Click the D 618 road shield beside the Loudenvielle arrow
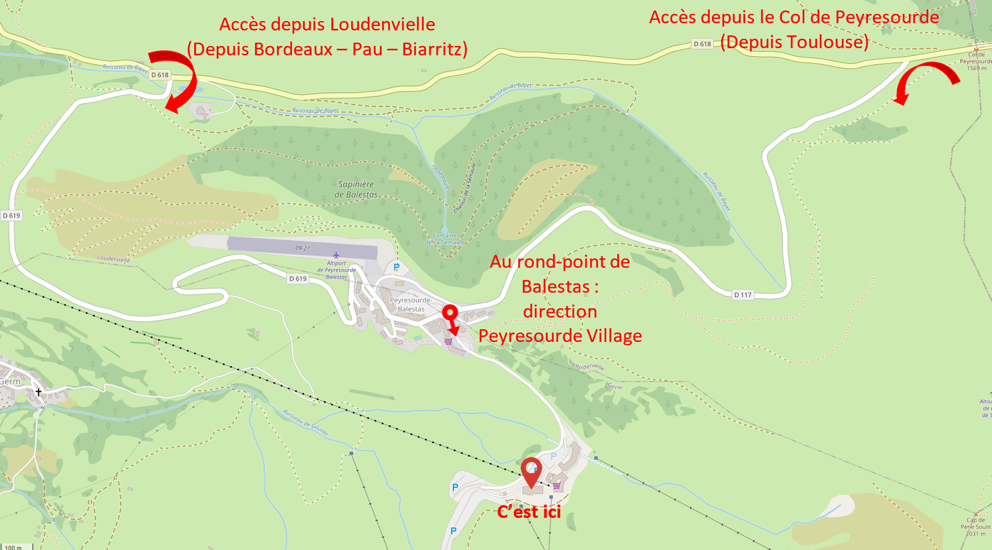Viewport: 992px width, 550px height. point(159,75)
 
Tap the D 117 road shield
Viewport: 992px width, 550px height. point(742,294)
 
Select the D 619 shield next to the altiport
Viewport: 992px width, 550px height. point(298,278)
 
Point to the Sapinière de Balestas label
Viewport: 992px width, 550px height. point(356,189)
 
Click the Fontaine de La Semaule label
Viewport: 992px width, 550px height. point(445,239)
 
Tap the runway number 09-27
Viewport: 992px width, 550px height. point(303,248)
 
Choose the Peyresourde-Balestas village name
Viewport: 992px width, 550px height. point(411,304)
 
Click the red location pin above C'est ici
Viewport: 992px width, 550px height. point(532,472)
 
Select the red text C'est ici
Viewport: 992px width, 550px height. point(529,512)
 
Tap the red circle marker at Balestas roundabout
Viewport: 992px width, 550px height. point(450,312)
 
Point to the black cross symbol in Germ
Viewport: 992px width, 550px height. point(39,392)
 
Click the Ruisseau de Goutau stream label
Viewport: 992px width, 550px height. point(305,422)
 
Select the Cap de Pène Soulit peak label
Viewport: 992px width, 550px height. point(975,527)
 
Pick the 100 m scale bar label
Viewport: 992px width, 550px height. point(13,547)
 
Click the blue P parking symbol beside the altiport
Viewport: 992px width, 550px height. point(396,268)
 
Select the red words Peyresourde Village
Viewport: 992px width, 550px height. point(560,336)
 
